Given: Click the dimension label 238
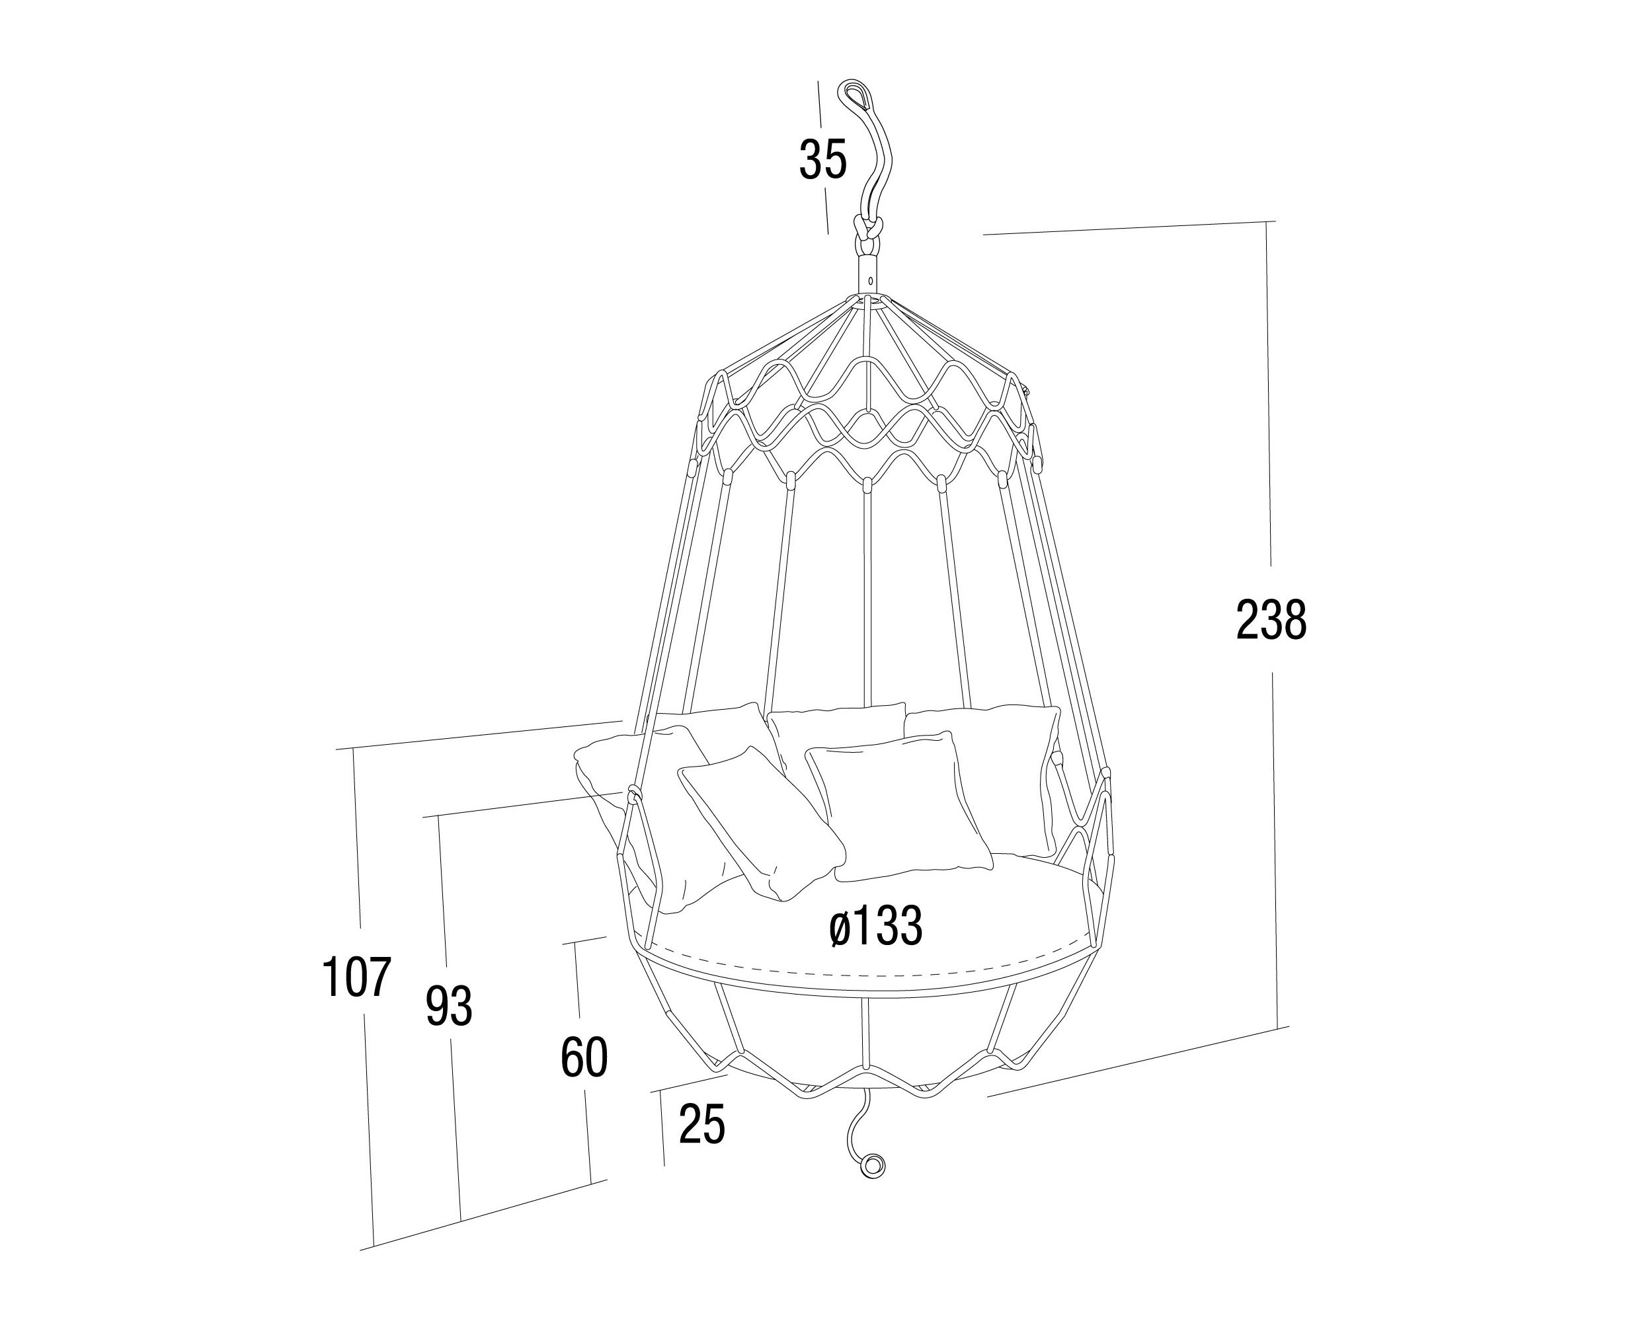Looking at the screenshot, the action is pos(1271,621).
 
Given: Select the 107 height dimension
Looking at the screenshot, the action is pos(357,977).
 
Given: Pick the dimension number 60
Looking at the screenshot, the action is pos(584,1058).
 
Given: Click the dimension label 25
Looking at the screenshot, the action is pos(701,1125).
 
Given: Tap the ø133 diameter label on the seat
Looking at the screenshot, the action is pos(876,927).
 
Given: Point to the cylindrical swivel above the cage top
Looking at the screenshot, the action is pos(869,274).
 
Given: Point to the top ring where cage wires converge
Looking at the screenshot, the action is pos(869,299).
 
